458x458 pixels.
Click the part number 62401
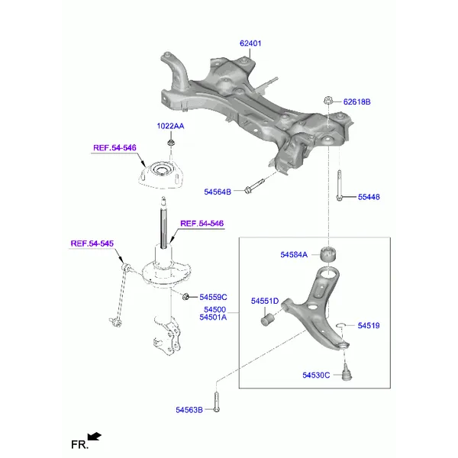coord(250,44)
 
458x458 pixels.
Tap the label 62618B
coord(356,102)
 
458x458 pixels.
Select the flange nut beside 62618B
coord(327,100)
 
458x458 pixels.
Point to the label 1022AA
coord(170,126)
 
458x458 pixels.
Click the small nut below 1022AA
coord(170,143)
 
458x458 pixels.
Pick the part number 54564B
coord(218,192)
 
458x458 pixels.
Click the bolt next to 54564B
coord(254,186)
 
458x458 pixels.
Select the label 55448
coord(369,197)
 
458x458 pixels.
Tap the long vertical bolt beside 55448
coord(339,185)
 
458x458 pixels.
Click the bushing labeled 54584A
coord(328,255)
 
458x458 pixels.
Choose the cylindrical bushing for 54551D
coord(266,319)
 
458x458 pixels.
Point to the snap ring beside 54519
coord(341,325)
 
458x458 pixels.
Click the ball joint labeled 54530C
coord(347,373)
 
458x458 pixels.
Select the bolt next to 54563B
coord(216,402)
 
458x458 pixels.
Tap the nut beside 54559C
coord(185,296)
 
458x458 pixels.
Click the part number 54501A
coord(213,317)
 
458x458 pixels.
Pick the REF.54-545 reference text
coord(92,244)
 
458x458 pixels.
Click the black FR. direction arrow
coord(95,437)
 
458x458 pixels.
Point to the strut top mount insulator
coord(161,175)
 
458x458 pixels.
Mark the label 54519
coord(369,325)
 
